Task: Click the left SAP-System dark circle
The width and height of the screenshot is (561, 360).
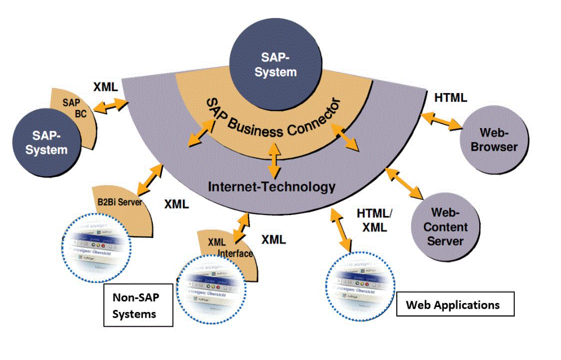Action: pyautogui.click(x=49, y=143)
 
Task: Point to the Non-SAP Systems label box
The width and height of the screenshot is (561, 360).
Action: pyautogui.click(x=138, y=306)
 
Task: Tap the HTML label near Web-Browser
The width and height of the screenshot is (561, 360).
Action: pyautogui.click(x=450, y=98)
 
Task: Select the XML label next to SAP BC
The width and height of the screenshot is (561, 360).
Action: pyautogui.click(x=106, y=87)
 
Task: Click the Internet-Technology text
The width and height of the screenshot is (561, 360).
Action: pyautogui.click(x=271, y=187)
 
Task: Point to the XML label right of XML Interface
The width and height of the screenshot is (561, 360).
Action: pyautogui.click(x=273, y=239)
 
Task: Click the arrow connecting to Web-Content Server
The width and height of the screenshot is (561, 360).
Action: pyautogui.click(x=404, y=183)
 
